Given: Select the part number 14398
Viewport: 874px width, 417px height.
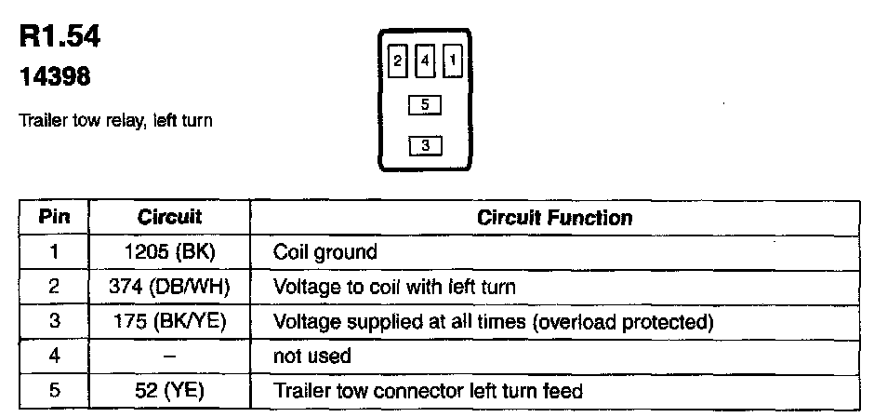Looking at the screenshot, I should click(x=55, y=78).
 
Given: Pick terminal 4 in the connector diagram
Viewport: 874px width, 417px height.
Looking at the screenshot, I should click(x=424, y=61).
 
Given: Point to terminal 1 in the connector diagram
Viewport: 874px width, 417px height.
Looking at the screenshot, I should click(x=453, y=61).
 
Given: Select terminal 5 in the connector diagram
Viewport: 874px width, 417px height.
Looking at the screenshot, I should click(x=424, y=105).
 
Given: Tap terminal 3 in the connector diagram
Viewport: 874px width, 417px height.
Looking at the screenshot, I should click(x=424, y=145).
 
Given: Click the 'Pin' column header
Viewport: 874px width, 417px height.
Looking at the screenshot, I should click(x=53, y=218).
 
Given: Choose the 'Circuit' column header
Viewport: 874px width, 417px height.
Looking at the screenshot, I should click(x=169, y=218).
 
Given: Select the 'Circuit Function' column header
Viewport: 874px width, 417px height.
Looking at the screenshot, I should click(x=554, y=218).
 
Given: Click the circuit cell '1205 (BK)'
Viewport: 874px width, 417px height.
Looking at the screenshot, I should click(x=169, y=252).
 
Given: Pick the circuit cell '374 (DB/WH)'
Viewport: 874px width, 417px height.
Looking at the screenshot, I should click(x=169, y=287).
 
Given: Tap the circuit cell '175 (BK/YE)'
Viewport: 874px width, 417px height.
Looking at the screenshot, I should click(x=169, y=322).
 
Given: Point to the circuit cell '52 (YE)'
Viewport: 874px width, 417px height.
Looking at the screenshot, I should click(x=169, y=391).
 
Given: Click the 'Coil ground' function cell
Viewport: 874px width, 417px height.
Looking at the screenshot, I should click(x=324, y=252).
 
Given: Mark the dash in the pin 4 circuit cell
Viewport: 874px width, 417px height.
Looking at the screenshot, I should click(x=169, y=356).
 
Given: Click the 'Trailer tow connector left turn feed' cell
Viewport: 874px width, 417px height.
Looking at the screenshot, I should click(x=428, y=391).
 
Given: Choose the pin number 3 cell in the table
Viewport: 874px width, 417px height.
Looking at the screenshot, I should click(x=53, y=322).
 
